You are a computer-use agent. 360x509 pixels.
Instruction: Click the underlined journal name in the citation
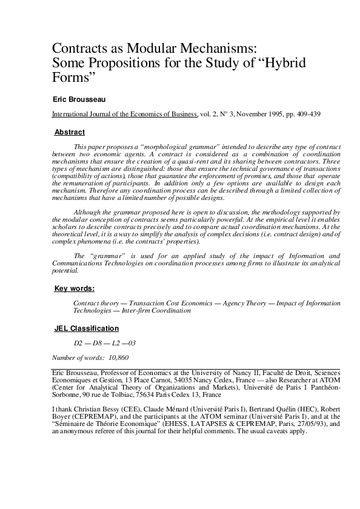coord(124,114)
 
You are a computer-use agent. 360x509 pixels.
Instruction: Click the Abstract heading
coord(70,132)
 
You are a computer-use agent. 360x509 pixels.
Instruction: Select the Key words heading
coord(74,288)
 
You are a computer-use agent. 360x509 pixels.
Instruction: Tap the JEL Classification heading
coord(87,328)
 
